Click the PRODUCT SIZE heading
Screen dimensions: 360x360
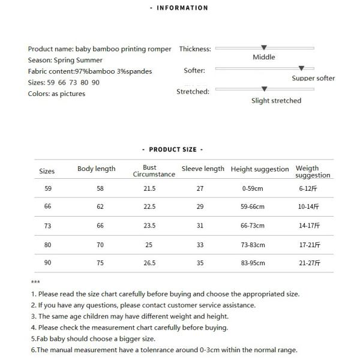pos(173,149)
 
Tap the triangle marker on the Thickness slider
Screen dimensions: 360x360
pos(264,47)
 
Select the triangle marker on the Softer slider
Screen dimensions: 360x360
pos(301,68)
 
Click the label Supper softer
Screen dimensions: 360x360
pos(313,79)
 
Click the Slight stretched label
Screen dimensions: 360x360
pos(276,101)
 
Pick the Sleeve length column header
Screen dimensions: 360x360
pos(203,169)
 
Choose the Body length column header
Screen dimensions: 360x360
pos(97,169)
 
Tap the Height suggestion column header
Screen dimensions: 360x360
pos(260,169)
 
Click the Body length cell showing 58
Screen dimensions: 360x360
pos(100,188)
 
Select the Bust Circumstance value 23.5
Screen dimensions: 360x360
pos(149,226)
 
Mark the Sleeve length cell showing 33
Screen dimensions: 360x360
pos(200,245)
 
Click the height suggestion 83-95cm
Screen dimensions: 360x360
pos(253,263)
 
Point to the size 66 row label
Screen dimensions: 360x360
pos(48,206)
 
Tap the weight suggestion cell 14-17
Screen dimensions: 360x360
pos(309,226)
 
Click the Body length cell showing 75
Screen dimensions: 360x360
pos(100,263)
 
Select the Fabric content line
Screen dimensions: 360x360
pos(90,71)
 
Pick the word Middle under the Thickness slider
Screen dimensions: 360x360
pos(264,57)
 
